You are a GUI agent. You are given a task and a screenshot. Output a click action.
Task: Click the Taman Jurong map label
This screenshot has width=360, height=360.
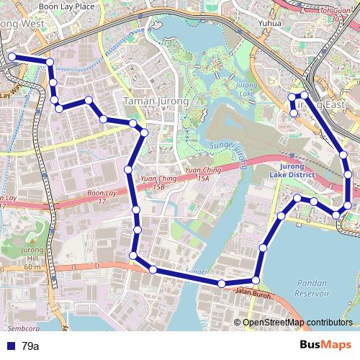(x=156, y=102)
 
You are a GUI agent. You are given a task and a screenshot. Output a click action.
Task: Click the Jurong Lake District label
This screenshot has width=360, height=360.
(x=294, y=170)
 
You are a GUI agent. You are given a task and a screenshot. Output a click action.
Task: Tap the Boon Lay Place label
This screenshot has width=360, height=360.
(x=66, y=6)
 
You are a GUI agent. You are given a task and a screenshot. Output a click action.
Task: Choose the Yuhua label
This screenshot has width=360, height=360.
(x=272, y=22)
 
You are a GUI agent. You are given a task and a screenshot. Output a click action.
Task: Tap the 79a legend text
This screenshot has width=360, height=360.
(x=30, y=346)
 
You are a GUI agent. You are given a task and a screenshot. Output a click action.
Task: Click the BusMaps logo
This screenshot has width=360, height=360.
(x=325, y=346)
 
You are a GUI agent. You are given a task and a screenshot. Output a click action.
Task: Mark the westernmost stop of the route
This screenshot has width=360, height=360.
(x=12, y=57)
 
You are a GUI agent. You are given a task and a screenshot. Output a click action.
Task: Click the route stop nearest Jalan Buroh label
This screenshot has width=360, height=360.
(x=256, y=280)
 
